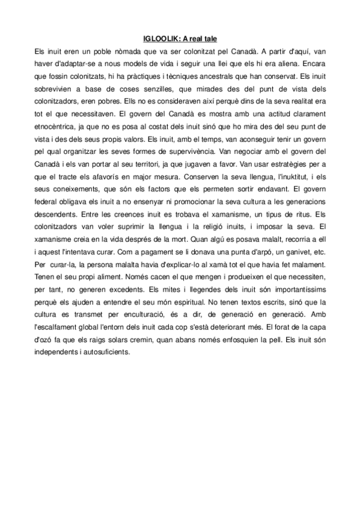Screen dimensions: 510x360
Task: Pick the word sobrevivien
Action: (x=54, y=89)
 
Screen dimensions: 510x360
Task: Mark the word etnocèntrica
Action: (x=58, y=129)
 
